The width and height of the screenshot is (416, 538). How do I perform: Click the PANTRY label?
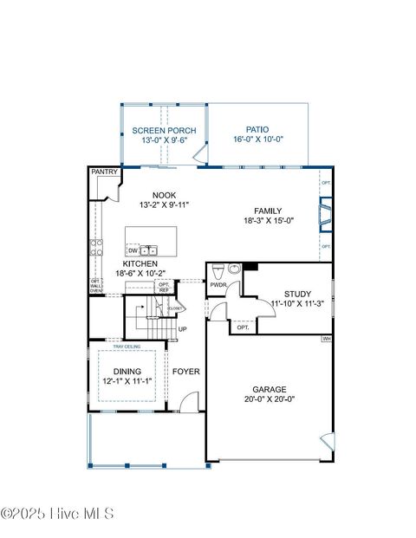point(104,173)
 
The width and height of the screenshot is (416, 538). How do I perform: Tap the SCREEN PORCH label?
point(164,131)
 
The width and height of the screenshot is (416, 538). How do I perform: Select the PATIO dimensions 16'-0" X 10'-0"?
point(258,139)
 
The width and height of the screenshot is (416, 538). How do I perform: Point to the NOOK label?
point(164,195)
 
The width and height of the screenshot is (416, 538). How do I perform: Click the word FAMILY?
point(269,211)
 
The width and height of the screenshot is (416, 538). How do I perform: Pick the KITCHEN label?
point(140,263)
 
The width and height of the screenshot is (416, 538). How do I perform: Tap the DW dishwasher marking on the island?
point(133,250)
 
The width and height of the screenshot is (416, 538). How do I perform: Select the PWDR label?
point(218,283)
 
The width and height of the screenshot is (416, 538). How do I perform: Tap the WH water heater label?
point(326,339)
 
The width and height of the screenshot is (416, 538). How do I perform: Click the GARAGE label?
point(269,389)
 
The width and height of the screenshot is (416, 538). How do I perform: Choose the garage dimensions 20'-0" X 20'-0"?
point(269,399)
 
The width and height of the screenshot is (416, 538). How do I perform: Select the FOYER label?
point(185,372)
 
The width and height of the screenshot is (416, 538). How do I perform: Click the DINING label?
point(127,372)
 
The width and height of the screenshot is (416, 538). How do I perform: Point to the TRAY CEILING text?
point(127,347)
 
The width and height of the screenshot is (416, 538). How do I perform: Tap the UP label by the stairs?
point(182,329)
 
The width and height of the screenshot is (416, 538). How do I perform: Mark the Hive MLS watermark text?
point(57,514)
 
